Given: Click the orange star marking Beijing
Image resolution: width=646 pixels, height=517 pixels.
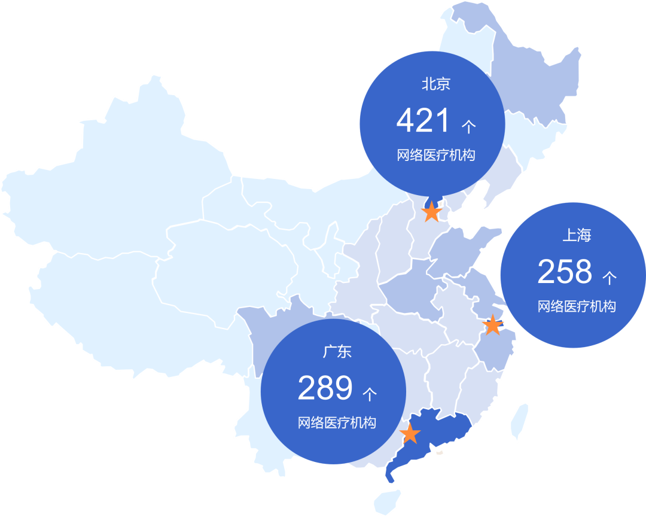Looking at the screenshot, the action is [432, 211].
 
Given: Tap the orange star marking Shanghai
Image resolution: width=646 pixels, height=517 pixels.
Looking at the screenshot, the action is [492, 325].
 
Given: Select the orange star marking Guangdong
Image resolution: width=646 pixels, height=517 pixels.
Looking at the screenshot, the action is [410, 434].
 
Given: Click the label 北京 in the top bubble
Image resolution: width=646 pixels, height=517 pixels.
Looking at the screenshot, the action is [435, 84].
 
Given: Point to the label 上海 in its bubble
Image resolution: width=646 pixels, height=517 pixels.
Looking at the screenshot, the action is [576, 235].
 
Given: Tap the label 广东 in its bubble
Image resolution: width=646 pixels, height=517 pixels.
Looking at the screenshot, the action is [337, 352].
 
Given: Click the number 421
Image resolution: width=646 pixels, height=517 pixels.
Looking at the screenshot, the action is [423, 121].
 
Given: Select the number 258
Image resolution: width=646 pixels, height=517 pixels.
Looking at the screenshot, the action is [564, 272].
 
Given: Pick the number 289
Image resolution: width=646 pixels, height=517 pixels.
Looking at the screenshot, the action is [325, 389].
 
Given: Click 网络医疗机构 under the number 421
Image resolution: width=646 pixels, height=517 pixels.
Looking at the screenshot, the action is [435, 156].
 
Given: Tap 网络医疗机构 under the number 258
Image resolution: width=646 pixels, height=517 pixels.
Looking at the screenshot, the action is [576, 307].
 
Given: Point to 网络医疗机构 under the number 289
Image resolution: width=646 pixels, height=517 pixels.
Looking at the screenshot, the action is [337, 423].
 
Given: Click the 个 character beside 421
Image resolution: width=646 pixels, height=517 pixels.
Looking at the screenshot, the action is [468, 126].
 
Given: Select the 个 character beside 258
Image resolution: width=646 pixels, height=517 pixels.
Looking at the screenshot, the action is [609, 278].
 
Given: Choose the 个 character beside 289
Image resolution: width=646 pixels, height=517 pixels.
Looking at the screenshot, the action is [370, 394].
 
